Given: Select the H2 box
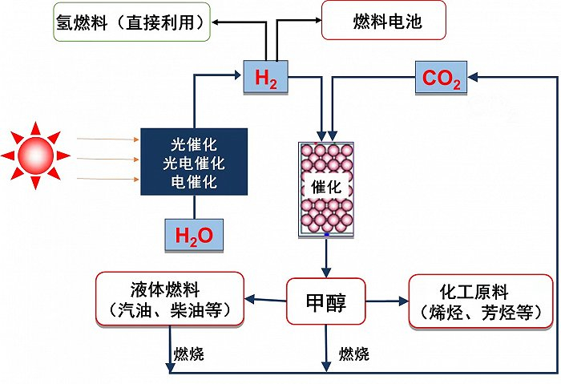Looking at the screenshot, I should click(x=265, y=79).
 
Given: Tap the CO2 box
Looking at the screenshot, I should click(x=439, y=79).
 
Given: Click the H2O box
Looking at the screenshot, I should click(x=193, y=236).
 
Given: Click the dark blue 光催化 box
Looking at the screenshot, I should click(x=193, y=161).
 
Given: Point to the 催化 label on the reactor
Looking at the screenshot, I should click(x=325, y=187).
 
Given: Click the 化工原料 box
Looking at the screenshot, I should click(x=480, y=301).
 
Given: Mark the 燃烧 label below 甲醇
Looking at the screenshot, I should click(x=353, y=353).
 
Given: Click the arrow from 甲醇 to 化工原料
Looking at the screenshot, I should click(x=385, y=301).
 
